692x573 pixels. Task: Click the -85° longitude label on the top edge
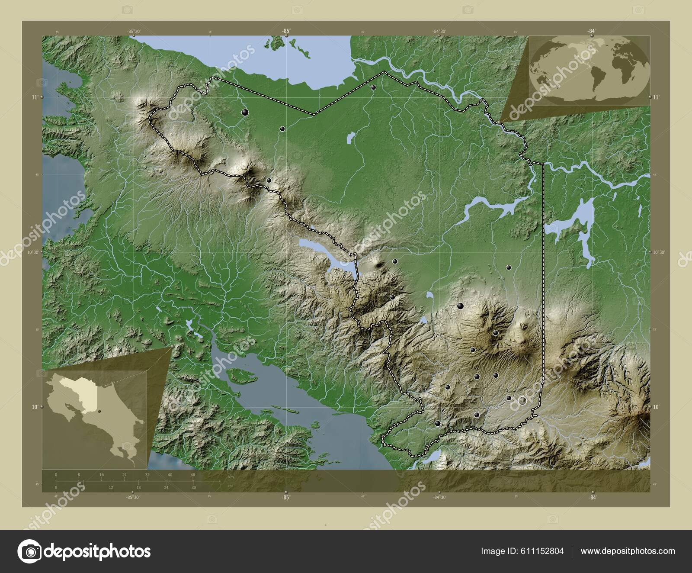point(285,31)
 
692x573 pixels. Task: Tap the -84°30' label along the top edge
point(439,31)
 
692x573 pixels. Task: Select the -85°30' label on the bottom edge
point(133,497)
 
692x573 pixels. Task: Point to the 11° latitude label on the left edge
point(34,98)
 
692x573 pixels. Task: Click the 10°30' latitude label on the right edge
point(658,252)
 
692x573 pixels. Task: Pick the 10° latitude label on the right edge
point(656,407)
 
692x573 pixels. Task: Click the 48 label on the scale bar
point(193,475)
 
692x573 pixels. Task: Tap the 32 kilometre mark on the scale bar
point(147,475)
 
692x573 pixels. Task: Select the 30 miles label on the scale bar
point(193,487)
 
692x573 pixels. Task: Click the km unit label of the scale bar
point(231,477)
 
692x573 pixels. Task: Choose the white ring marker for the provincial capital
point(522,401)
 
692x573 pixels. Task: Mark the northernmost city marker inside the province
point(373,87)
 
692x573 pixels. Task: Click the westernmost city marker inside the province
point(245,113)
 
